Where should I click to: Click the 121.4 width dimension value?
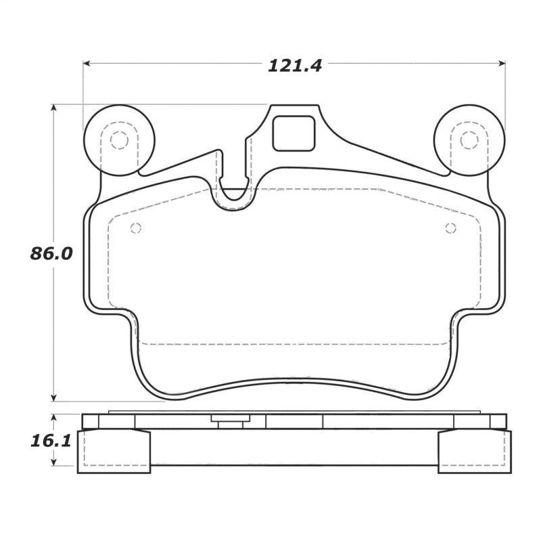coord(294,66)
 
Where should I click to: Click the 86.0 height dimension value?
coord(51,254)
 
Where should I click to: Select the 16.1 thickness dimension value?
coord(51,442)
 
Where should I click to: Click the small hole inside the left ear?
coord(119,140)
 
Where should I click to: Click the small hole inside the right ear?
coord(469,140)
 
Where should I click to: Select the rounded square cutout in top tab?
coord(293,133)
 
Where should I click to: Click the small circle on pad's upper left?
coord(135,228)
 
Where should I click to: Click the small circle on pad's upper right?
coord(450,228)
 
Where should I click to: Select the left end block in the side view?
coord(114,452)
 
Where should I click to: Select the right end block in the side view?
coord(475,452)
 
